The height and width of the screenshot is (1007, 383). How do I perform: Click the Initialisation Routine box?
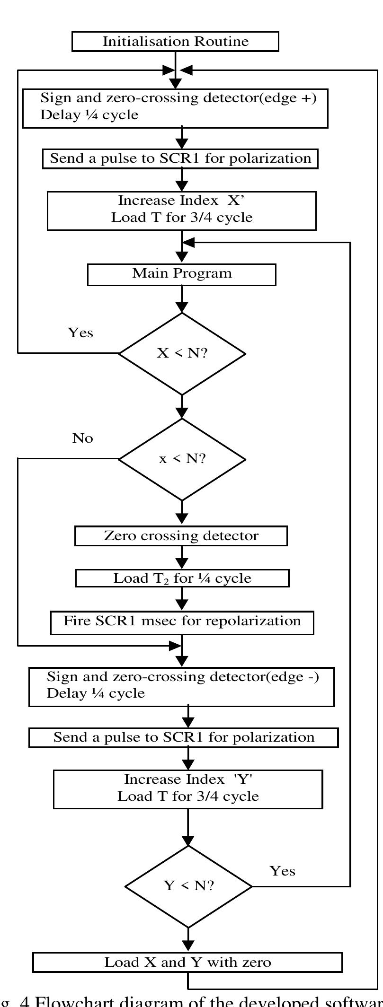click(x=175, y=42)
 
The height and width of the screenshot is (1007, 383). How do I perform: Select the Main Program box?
click(x=182, y=274)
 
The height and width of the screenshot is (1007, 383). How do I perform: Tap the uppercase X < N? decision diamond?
click(x=182, y=353)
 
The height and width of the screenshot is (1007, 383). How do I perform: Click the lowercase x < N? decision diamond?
click(x=182, y=459)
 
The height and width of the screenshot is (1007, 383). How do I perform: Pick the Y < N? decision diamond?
click(x=188, y=886)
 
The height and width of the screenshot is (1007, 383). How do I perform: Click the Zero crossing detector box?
click(x=181, y=536)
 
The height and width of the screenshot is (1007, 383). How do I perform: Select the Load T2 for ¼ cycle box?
click(x=182, y=578)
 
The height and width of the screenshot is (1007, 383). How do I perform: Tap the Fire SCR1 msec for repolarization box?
click(x=182, y=621)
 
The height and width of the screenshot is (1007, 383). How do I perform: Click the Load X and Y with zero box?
click(x=187, y=962)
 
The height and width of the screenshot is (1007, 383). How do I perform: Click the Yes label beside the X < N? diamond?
click(x=80, y=333)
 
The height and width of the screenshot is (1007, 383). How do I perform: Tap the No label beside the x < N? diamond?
click(x=82, y=438)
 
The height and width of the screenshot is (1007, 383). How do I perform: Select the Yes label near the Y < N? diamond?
click(x=282, y=871)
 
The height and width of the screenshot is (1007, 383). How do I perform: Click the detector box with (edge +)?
click(x=175, y=107)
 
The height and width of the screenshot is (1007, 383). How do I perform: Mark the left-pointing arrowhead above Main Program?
click(x=188, y=242)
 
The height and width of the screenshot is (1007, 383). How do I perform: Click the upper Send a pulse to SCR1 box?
click(x=180, y=158)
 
